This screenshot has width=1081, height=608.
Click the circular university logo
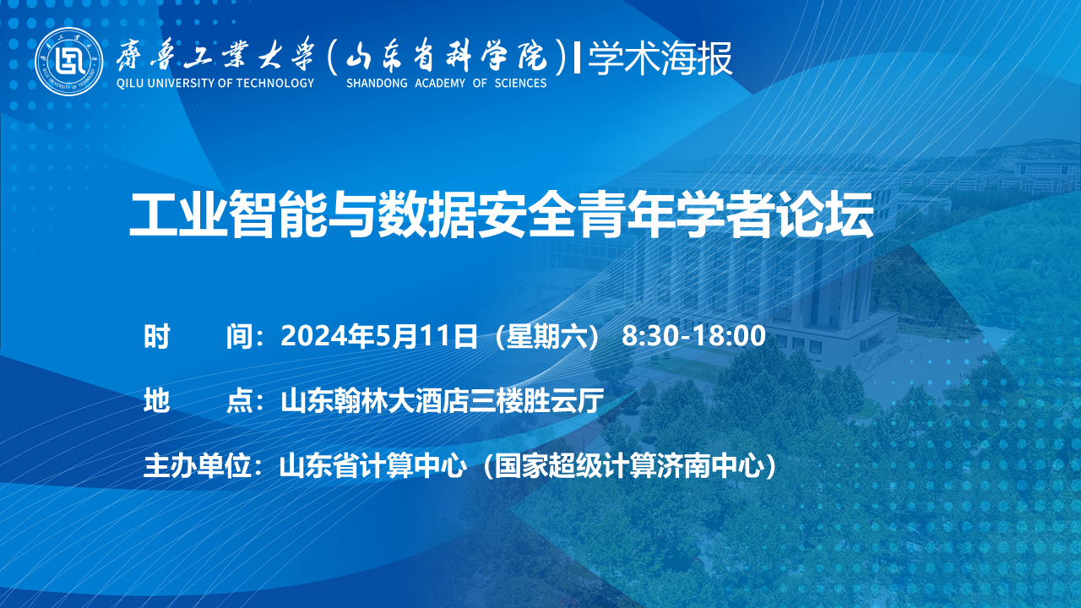tap(69, 62)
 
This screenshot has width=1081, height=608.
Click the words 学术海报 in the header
tap(660, 59)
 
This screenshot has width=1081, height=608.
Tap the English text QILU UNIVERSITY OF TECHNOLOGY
tap(215, 83)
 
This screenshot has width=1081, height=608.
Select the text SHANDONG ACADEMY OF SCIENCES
tap(447, 83)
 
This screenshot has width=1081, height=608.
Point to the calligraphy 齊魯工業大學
tap(215, 56)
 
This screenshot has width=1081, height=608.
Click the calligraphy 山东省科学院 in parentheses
tap(447, 57)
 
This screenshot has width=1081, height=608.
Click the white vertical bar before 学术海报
tap(577, 58)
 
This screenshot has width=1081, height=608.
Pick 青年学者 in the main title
tap(675, 214)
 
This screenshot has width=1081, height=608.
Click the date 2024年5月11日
tap(379, 336)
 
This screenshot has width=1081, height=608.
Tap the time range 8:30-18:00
tap(693, 336)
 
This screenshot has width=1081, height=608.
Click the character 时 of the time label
tap(157, 336)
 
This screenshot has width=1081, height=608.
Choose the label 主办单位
tap(197, 466)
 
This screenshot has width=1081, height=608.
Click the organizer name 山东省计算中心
tap(373, 466)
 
